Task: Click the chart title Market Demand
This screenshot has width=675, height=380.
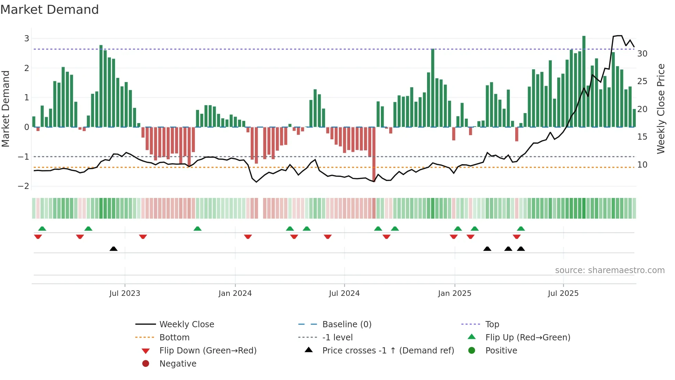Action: (50, 10)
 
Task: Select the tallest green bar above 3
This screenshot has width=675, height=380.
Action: (584, 81)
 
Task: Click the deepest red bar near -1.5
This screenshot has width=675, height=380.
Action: (374, 153)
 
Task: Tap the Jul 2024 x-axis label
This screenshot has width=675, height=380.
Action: (344, 293)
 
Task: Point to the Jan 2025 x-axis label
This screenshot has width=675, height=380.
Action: (454, 293)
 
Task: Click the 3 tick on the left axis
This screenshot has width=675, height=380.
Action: (27, 39)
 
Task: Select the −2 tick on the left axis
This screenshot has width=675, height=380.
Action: (24, 186)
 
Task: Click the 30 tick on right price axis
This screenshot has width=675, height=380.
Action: (642, 54)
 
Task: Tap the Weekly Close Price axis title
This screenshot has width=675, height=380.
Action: (661, 109)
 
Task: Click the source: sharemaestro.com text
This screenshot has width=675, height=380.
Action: (610, 270)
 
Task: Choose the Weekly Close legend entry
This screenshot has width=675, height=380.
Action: (186, 324)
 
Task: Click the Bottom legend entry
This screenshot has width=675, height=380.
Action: (174, 338)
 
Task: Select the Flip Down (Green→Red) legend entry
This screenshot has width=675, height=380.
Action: (208, 351)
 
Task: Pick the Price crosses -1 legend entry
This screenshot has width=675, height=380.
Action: (388, 351)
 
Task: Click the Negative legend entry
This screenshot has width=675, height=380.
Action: (178, 364)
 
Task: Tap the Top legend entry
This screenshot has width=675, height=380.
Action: (492, 324)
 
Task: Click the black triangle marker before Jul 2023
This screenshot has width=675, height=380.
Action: (113, 249)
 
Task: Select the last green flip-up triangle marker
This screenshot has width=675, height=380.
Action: (521, 229)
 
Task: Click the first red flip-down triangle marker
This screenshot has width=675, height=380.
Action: (38, 237)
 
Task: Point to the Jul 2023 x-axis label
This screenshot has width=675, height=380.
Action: (125, 293)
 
